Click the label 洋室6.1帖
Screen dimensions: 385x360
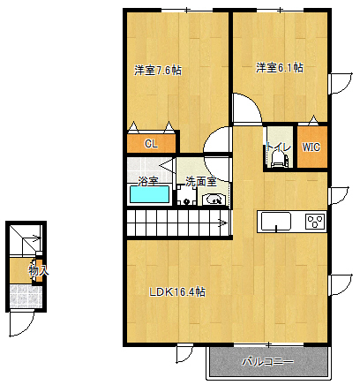pyautogui.click(x=280, y=67)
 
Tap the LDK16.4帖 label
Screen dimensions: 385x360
pyautogui.click(x=176, y=291)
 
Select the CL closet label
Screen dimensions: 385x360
pyautogui.click(x=151, y=143)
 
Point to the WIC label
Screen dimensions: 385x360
pyautogui.click(x=311, y=147)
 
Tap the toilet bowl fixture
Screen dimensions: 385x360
pyautogui.click(x=280, y=160)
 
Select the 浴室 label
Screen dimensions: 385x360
pyautogui.click(x=148, y=181)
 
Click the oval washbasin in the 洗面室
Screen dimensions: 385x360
pyautogui.click(x=214, y=199)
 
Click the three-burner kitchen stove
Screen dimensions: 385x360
pyautogui.click(x=314, y=221)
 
